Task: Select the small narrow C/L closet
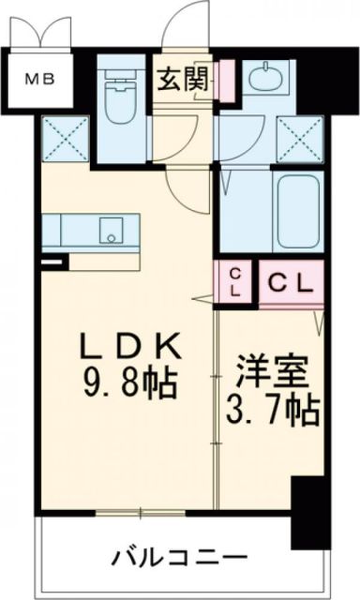point(234,280)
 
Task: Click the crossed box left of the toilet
point(65,138)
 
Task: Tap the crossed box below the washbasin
point(301,140)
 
